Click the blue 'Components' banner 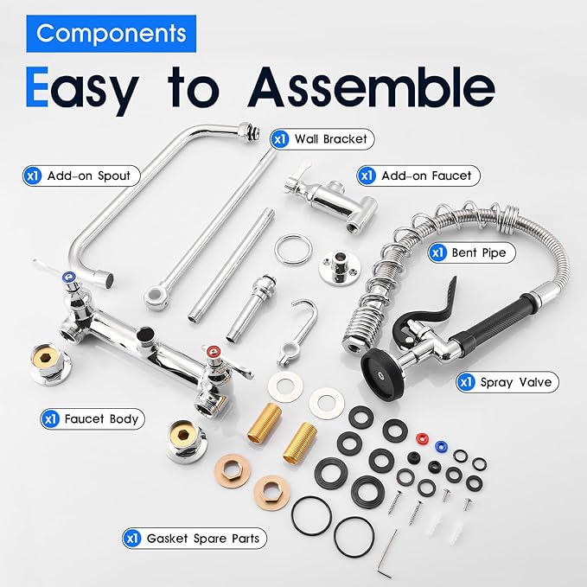(x=112, y=34)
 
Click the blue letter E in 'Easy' (x=37, y=87)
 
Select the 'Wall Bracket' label (x=322, y=139)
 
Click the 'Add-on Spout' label (x=81, y=175)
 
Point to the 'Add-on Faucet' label (x=418, y=175)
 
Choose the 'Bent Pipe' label (x=472, y=252)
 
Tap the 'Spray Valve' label (x=507, y=382)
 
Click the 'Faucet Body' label (x=93, y=419)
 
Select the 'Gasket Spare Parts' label (x=195, y=539)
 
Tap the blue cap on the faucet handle (x=69, y=277)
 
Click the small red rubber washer (x=422, y=437)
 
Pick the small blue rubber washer (x=441, y=445)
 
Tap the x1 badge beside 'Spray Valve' (x=466, y=382)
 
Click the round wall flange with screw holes (x=340, y=268)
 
